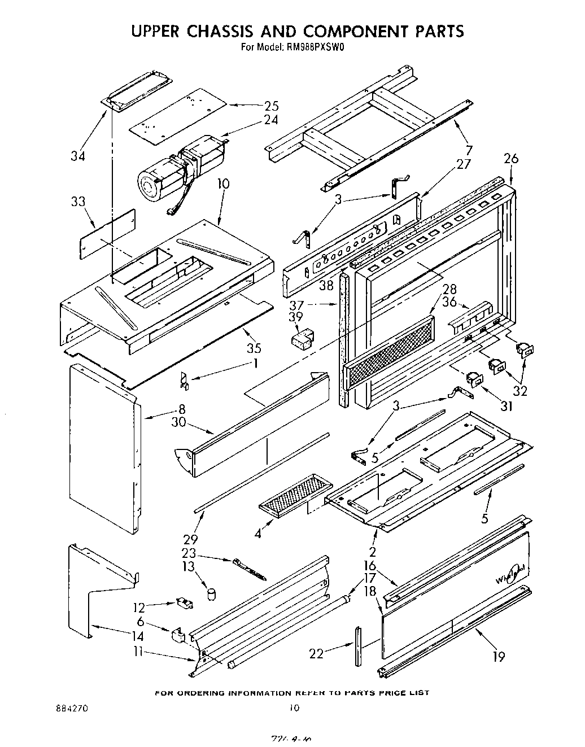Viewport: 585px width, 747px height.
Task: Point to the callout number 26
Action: [x=510, y=159]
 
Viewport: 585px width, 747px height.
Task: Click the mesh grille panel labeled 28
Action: [x=389, y=352]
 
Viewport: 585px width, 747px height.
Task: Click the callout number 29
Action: [x=190, y=539]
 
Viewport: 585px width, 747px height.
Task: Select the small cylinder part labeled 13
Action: [x=212, y=593]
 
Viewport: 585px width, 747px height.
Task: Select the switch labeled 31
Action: [x=473, y=381]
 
